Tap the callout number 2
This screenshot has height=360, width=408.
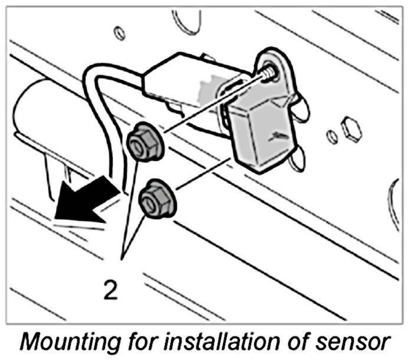pos(110,290)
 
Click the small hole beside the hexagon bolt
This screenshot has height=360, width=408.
pos(333,137)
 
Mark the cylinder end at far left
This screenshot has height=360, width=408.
pos(29,118)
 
